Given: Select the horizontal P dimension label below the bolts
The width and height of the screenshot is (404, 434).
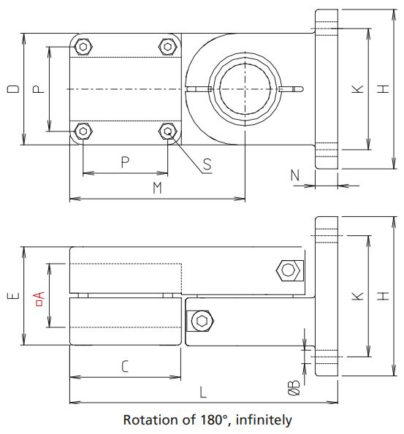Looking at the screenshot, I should tap(125, 162).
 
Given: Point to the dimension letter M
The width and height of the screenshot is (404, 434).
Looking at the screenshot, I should tap(156, 189).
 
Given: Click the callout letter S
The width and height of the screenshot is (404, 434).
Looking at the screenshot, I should tap(207, 165).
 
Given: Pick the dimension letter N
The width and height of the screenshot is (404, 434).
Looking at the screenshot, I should tap(294, 175).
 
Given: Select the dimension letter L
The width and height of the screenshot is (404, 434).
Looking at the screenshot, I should tap(203, 392).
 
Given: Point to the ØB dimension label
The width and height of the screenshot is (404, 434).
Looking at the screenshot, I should tap(293, 388).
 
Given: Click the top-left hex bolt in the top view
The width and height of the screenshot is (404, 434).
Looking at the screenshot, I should tap(83, 47).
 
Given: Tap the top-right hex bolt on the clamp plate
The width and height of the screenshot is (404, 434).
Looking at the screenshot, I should tap(168, 47).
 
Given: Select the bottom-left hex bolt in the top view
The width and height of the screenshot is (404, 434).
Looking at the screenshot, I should tap(83, 132).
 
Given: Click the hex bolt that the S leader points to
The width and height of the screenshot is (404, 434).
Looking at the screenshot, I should tap(168, 132).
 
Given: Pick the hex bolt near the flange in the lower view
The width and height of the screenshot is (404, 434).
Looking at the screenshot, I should tap(288, 271).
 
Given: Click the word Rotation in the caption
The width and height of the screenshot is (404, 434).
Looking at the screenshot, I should tap(147, 420).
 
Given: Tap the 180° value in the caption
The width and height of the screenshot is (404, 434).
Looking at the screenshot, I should tap(205, 420).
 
